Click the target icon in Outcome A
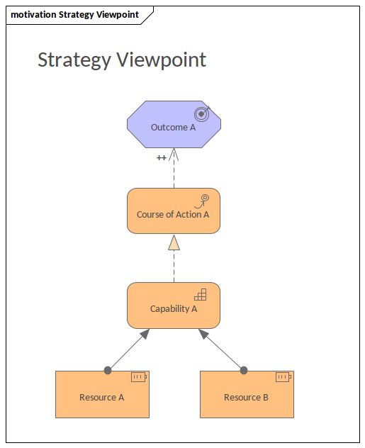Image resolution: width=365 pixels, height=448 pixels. pyautogui.click(x=203, y=113)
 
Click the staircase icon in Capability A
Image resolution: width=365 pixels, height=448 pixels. pyautogui.click(x=201, y=294)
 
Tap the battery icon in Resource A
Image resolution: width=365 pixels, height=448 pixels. pyautogui.click(x=138, y=377)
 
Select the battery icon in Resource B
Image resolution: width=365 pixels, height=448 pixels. pyautogui.click(x=283, y=377)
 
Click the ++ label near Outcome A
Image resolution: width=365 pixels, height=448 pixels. pyautogui.click(x=162, y=157)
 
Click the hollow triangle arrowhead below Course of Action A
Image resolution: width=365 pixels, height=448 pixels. pyautogui.click(x=174, y=242)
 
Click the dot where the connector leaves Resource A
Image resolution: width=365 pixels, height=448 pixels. pyautogui.click(x=108, y=370)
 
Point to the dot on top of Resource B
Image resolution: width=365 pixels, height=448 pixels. pyautogui.click(x=244, y=370)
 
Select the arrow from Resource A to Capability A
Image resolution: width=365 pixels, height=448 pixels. pyautogui.click(x=128, y=350)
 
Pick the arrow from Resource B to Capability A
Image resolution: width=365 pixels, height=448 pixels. pyautogui.click(x=222, y=350)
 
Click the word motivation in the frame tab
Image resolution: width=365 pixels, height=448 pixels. pyautogui.click(x=33, y=14)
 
